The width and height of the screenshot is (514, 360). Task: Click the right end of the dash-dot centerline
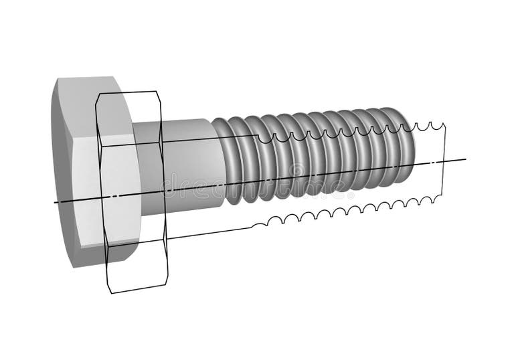tap(465, 159)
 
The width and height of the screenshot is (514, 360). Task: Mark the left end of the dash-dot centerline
tap(56, 202)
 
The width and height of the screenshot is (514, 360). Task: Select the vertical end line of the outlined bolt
tap(444, 161)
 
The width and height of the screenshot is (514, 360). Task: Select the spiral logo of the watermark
tap(296, 170)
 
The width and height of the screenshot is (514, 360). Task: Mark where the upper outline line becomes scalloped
tap(258, 136)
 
